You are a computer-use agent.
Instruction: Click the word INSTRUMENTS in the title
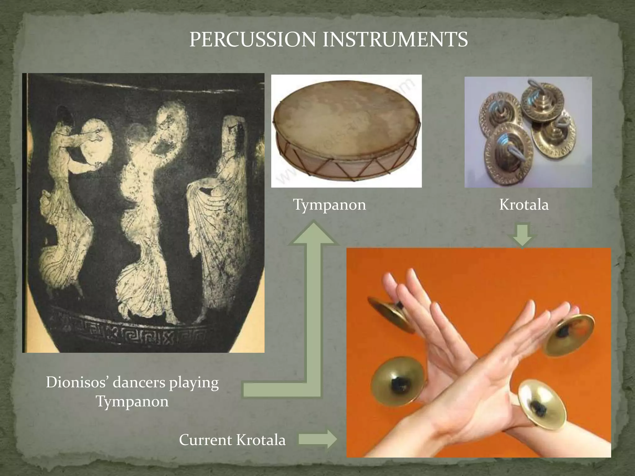(395, 39)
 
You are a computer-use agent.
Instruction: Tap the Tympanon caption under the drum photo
(330, 205)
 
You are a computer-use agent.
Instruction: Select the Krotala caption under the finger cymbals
(524, 205)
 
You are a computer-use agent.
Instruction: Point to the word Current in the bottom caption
(205, 440)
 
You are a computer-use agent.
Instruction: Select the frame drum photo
(346, 131)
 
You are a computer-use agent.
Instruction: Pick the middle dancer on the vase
(146, 217)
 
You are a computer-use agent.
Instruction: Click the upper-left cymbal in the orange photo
(390, 313)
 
